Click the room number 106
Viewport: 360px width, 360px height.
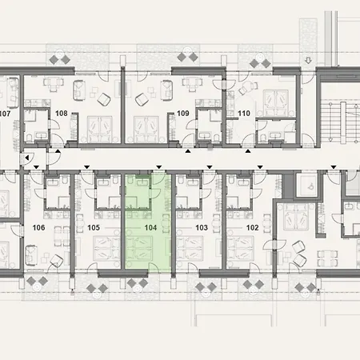click(38, 227)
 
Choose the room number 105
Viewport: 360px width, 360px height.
click(93, 227)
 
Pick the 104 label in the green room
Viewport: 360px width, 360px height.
click(149, 227)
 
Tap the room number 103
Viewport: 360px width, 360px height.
click(201, 227)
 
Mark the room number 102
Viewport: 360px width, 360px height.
click(253, 227)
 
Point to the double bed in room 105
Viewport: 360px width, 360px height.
click(101, 254)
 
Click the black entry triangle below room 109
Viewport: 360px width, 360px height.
click(188, 150)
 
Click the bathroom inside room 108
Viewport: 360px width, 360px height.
click(39, 126)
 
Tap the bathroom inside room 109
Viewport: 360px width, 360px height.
click(210, 126)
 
